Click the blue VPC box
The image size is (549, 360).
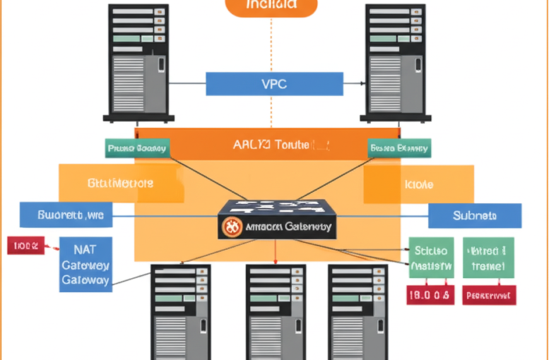[274, 84]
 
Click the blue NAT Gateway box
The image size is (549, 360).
[86, 264]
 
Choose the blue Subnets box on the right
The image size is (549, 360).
[475, 215]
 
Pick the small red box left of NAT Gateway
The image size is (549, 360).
[26, 246]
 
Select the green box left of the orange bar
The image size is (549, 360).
[137, 148]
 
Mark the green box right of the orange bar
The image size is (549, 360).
[399, 148]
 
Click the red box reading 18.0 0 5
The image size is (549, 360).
[429, 294]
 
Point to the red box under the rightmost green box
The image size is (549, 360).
[489, 294]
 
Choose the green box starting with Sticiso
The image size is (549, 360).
[430, 258]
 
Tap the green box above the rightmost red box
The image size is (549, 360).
[488, 258]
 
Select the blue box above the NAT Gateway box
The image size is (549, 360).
[66, 215]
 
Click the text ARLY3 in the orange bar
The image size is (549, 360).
[252, 145]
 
